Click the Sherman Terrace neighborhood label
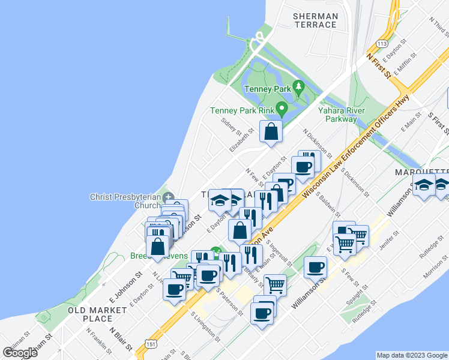[315, 20]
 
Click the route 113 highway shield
[381, 44]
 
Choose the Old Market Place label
[97, 314]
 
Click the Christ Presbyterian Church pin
[169, 197]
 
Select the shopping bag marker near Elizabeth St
[271, 131]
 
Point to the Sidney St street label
[231, 127]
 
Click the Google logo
[20, 353]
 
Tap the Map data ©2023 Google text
[411, 355]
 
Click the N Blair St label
[121, 339]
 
